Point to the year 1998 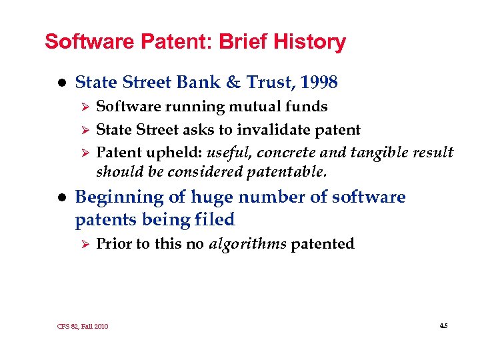319,83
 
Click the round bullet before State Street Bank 61,83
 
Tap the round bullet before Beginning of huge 61,198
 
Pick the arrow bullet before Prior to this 83,245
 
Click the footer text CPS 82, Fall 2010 83,326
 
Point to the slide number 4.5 443,325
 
